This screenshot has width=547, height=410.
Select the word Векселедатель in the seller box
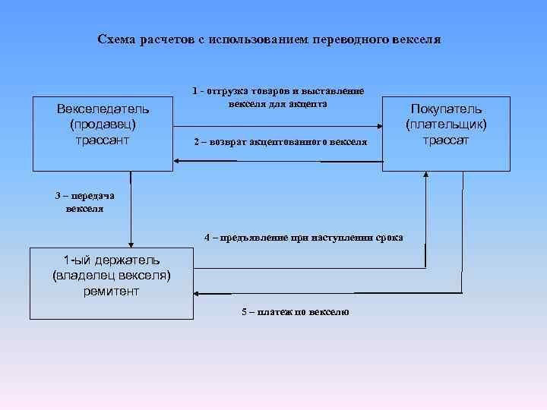pyautogui.click(x=102, y=109)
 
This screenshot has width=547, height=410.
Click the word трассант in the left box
pyautogui.click(x=102, y=140)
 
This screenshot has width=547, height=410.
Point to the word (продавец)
pyautogui.click(x=102, y=124)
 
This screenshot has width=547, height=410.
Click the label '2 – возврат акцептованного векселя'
pyautogui.click(x=280, y=142)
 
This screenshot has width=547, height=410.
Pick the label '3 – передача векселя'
pyautogui.click(x=84, y=202)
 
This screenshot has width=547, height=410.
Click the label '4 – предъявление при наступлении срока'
pyautogui.click(x=304, y=238)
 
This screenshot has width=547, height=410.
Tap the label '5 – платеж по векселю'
pyautogui.click(x=295, y=312)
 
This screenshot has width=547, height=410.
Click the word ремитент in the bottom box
pyautogui.click(x=112, y=291)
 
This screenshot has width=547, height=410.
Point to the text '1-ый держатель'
pyautogui.click(x=112, y=260)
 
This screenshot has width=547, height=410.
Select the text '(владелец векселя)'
pyautogui.click(x=112, y=276)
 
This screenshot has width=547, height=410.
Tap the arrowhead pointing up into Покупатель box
pyautogui.click(x=426, y=175)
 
